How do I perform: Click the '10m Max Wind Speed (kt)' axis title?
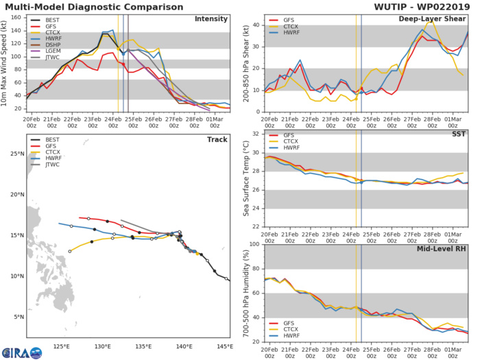click(x=5, y=63)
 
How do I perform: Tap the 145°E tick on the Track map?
click(x=225, y=346)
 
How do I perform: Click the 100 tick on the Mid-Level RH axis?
click(x=252, y=243)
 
